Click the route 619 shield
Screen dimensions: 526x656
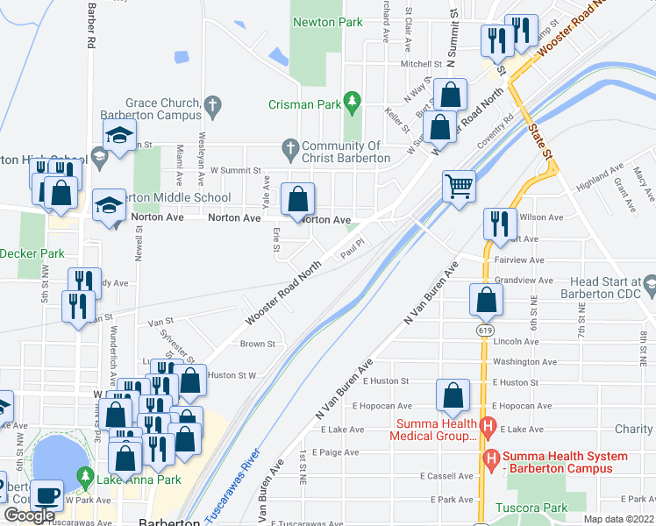[485, 328]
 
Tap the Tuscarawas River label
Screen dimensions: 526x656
[232, 487]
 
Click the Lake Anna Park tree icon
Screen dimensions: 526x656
[85, 478]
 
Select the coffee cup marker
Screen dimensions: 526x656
[47, 494]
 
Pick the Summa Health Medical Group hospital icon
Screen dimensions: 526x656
[489, 428]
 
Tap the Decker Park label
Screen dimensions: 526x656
[32, 254]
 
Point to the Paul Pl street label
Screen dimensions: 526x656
[352, 252]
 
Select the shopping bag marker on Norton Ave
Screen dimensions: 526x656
[298, 198]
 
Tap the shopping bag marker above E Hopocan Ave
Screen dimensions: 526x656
[453, 396]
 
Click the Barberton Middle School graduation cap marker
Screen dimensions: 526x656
[109, 207]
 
